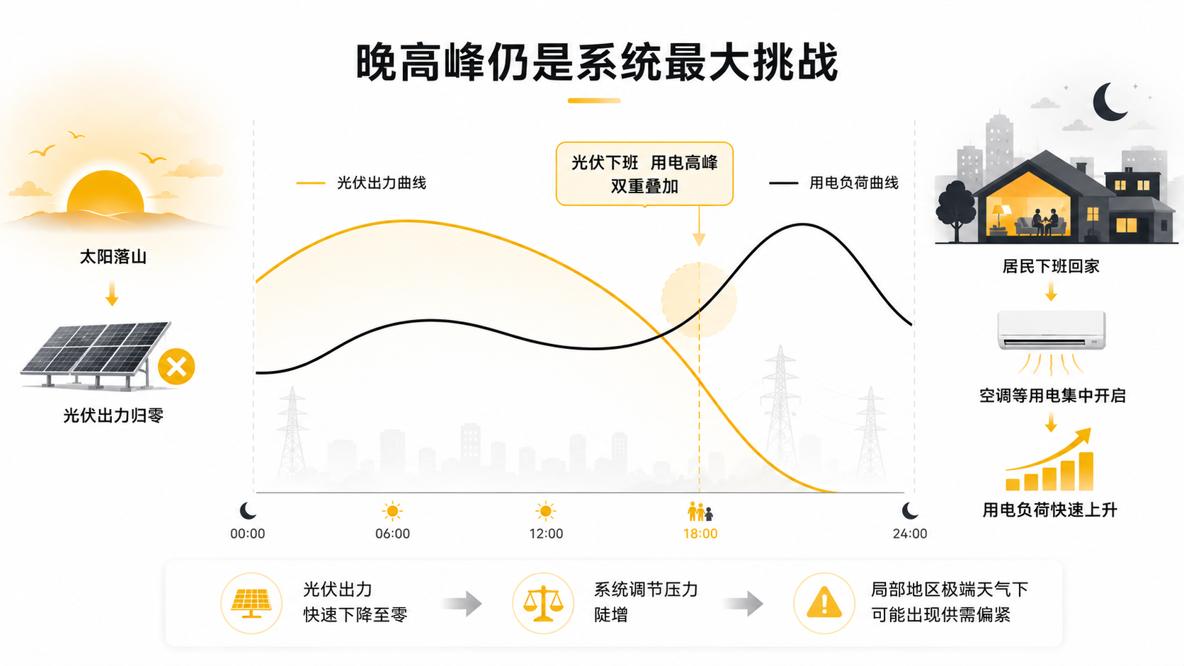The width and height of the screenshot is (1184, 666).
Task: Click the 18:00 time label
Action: pos(700,534)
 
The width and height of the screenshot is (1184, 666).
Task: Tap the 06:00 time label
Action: pos(393,534)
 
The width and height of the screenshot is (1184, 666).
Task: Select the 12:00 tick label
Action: pos(546,534)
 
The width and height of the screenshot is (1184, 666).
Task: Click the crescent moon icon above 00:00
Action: pos(248,511)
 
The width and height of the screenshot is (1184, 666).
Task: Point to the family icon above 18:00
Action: pos(700,511)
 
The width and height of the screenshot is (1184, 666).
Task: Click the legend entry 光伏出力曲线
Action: pos(362,183)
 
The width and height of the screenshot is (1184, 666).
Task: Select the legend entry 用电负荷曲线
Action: pos(833,183)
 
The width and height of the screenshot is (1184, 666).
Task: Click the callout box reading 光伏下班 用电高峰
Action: pos(644,174)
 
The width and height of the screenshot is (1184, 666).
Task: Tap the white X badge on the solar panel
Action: pos(176,367)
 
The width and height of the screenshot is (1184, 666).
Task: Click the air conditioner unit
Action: pos(1051,330)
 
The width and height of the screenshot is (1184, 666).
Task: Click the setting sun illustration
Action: pos(106,192)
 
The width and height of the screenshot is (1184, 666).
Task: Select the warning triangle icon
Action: pos(824,602)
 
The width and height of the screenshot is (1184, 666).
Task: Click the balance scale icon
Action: pos(543,603)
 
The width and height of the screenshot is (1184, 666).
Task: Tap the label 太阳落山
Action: pos(113,257)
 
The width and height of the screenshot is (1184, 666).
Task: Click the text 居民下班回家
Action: pos(1051,266)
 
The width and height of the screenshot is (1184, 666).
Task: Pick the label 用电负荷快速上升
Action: pos(1049,510)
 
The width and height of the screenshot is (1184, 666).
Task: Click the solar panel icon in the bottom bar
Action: pos(251,603)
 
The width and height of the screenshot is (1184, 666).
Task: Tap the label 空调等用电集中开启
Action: pos(1052,396)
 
